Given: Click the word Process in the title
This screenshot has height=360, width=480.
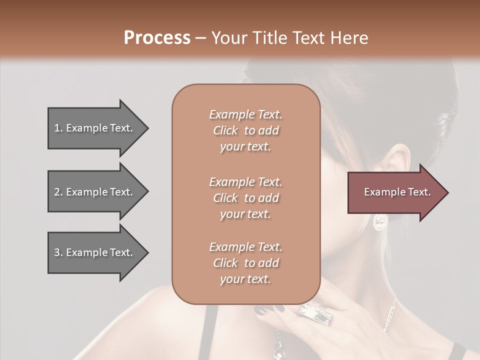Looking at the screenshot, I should coord(157,38).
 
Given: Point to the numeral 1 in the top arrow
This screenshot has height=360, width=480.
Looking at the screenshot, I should coord(56,128).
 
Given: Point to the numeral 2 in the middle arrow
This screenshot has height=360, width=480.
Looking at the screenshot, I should coord(57,192).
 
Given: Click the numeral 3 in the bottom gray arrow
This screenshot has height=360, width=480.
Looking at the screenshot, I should coord(57,252).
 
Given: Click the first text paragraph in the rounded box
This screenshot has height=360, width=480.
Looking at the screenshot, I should coord(245,130).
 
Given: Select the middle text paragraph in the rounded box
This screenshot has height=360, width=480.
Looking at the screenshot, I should coord(245,198).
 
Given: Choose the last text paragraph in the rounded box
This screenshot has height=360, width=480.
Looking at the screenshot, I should coord(245,263).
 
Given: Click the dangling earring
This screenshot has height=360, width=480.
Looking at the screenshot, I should coord(380,221).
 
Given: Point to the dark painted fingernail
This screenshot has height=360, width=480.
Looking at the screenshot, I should coord(261,310).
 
